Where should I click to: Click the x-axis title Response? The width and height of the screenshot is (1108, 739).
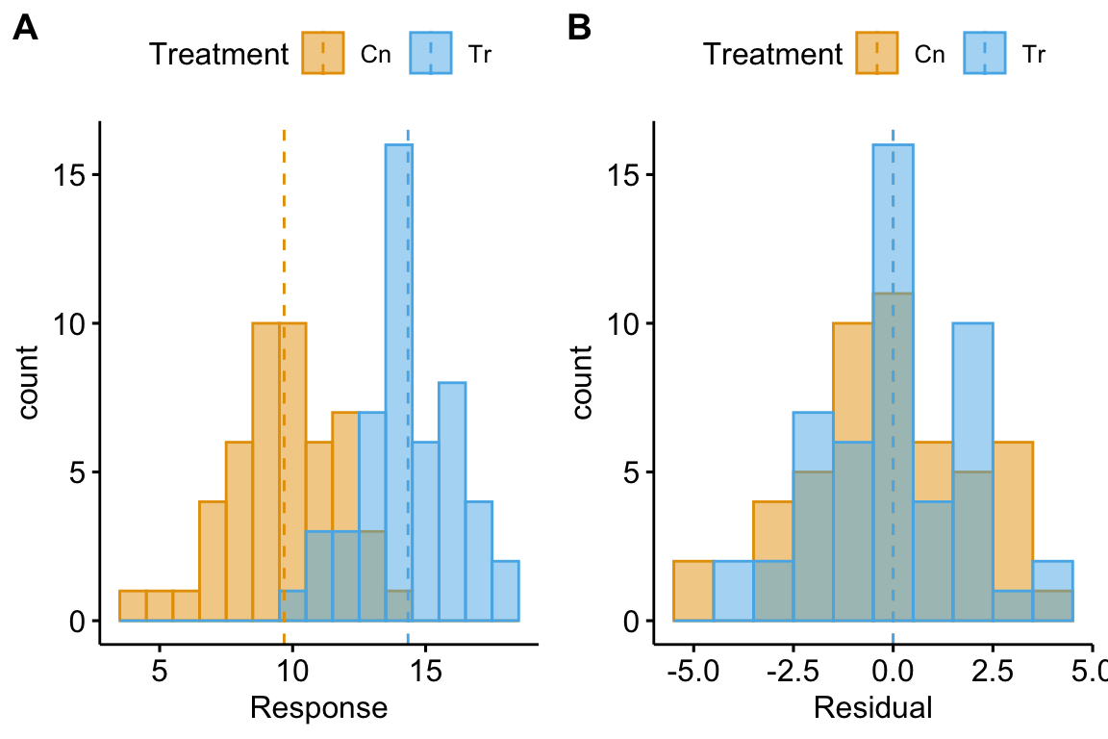(x=318, y=709)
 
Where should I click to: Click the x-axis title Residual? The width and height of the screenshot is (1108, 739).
(x=872, y=709)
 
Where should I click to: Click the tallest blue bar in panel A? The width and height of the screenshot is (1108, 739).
(x=399, y=289)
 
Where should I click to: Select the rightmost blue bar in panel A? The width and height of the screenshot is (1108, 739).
(x=505, y=591)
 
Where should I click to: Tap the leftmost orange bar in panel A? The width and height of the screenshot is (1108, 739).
(x=133, y=606)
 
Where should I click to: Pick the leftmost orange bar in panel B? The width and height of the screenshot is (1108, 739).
(x=692, y=591)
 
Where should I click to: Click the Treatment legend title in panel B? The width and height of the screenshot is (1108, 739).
(x=771, y=54)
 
